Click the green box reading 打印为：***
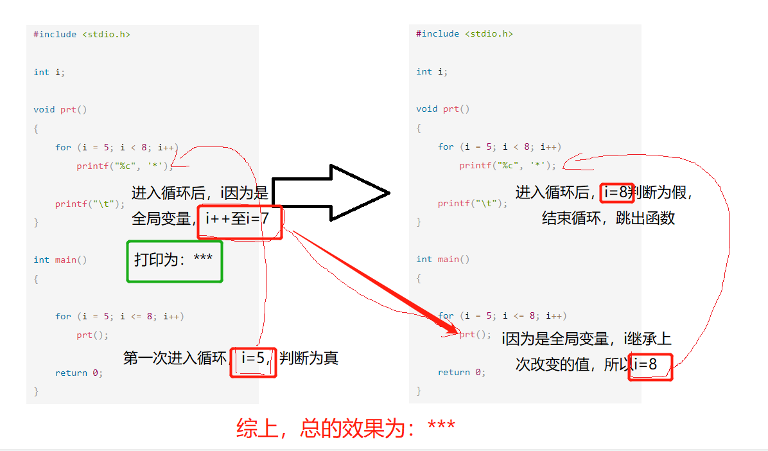tap(175, 261)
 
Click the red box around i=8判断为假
tap(617, 192)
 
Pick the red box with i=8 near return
tap(650, 366)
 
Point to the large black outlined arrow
tap(331, 193)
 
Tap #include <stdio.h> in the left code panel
tap(82, 34)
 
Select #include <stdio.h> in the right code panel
tap(464, 33)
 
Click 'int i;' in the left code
tap(49, 72)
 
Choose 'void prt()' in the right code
tap(442, 109)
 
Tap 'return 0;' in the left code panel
tap(78, 373)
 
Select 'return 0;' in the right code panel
tap(461, 372)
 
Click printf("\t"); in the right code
tap(472, 203)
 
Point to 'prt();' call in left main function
tap(92, 335)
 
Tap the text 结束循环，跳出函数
tap(608, 218)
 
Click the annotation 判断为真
tap(309, 358)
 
